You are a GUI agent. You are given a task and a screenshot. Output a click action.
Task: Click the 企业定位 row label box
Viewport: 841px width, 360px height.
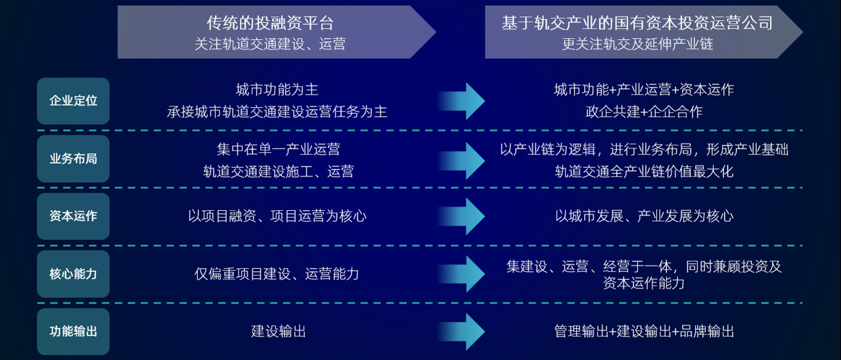[73, 101]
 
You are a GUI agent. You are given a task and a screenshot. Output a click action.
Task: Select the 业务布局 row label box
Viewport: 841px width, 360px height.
[73, 158]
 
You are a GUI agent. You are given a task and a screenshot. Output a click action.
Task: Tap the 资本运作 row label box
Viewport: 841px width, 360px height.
[73, 216]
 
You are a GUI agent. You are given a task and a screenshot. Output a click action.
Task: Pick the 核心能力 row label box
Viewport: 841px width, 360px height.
[73, 274]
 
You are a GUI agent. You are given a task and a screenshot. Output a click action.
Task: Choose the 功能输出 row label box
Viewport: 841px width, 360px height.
[73, 331]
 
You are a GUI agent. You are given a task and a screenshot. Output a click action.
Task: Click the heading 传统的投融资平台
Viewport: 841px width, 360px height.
[270, 24]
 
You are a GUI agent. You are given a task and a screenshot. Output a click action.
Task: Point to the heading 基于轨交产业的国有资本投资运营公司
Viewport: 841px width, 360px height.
[637, 24]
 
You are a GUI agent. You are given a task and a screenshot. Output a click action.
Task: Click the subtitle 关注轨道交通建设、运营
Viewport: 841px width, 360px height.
[270, 44]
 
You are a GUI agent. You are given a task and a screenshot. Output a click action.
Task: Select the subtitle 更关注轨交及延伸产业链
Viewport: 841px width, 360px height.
[637, 44]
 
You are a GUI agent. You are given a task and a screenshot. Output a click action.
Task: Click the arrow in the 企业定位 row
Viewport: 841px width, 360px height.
[464, 101]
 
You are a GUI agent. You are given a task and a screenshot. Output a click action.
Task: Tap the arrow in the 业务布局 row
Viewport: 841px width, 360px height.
[464, 160]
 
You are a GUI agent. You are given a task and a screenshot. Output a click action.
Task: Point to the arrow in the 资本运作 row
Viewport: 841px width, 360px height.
[464, 216]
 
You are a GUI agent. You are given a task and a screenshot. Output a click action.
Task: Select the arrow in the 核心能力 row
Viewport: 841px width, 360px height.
[464, 273]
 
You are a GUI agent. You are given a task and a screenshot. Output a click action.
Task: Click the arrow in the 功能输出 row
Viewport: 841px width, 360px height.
[464, 331]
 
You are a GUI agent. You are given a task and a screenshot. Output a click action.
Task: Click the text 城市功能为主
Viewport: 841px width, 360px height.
[277, 89]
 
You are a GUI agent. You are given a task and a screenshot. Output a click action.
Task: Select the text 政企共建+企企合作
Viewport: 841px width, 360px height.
[644, 112]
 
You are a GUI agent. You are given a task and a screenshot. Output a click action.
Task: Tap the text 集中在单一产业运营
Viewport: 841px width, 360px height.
[278, 149]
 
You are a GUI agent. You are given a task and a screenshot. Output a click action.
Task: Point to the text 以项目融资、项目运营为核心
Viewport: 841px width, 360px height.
[277, 216]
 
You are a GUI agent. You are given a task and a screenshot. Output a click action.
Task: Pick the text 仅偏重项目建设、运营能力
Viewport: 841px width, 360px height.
[277, 274]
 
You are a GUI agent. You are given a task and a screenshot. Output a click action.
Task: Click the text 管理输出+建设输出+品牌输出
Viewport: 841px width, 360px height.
[644, 331]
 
